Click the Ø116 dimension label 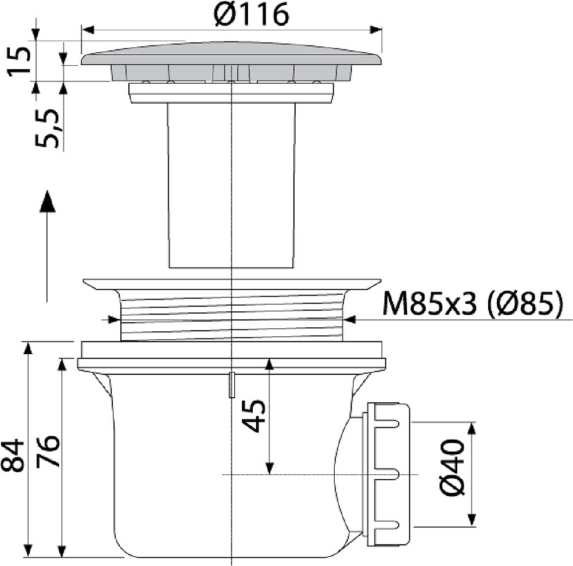coord(251,15)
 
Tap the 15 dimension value coord(19,61)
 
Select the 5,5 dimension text coord(47,128)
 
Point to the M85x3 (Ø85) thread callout coord(472,304)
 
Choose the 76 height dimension coord(47,452)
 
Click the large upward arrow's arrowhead coord(47,201)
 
